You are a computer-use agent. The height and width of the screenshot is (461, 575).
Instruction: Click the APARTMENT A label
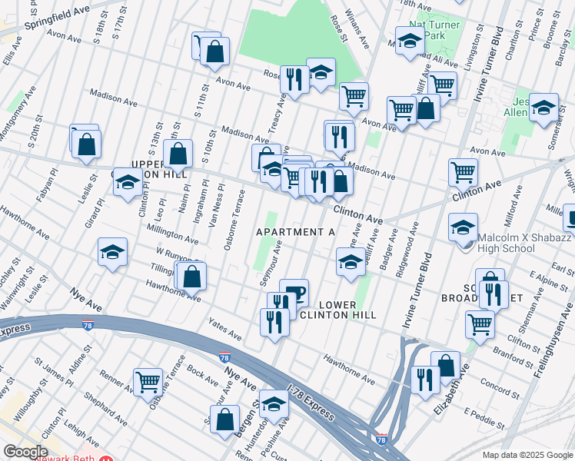[x=296, y=232]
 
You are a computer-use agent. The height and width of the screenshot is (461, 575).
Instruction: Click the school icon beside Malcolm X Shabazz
[x=464, y=228]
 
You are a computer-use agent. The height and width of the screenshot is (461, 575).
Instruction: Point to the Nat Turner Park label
[x=434, y=31]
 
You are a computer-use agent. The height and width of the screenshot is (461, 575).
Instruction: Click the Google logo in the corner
[x=25, y=452]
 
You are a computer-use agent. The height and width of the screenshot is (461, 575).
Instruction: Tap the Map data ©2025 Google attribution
[x=527, y=455]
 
